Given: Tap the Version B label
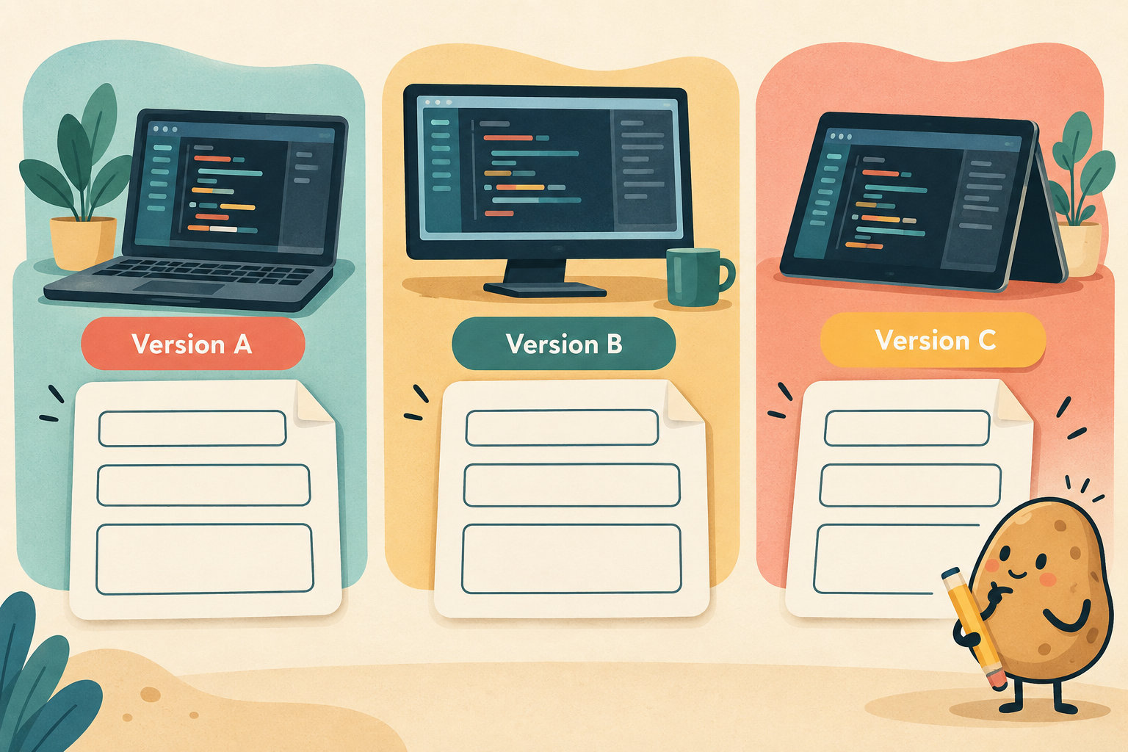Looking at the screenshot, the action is (563, 344).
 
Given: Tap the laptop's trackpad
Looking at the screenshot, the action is (178, 288).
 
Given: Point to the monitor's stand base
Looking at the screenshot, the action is (544, 289).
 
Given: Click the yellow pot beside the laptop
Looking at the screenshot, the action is (83, 243).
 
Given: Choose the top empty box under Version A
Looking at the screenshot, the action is (192, 429).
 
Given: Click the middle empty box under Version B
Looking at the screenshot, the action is (571, 485).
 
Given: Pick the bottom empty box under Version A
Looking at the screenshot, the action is (204, 559).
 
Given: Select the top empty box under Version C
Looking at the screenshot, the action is (907, 429).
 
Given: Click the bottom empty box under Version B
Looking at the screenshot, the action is (571, 559).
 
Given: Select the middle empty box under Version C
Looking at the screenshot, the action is (910, 485).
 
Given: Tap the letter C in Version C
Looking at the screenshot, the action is (986, 340).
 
